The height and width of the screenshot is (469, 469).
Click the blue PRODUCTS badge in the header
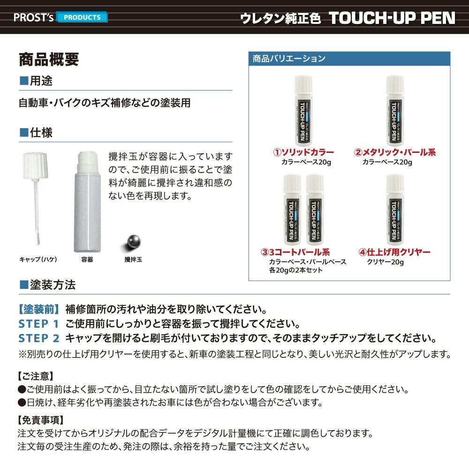82,17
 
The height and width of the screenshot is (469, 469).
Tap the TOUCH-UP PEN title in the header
392,18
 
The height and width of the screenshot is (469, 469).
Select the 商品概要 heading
49,60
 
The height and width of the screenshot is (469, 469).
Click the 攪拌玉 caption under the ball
133,259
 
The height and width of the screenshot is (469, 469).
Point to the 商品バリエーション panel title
288,59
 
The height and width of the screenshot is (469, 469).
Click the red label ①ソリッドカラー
303,152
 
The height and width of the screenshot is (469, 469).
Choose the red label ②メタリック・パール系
395,152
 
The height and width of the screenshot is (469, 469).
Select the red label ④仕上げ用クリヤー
394,252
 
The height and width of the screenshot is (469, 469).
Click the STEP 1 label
39,324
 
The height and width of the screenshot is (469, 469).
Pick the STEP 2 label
39,338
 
